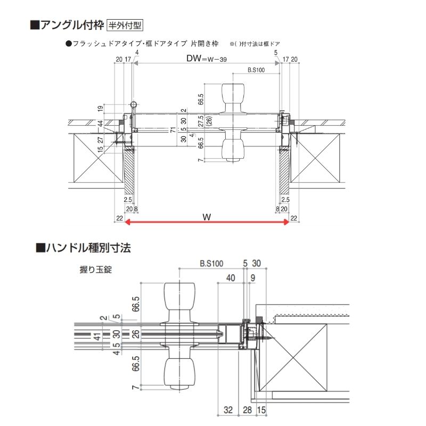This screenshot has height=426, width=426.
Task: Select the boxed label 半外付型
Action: pyautogui.click(x=125, y=24)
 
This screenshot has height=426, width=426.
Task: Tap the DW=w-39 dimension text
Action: pyautogui.click(x=207, y=60)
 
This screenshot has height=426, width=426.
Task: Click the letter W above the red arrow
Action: pyautogui.click(x=206, y=217)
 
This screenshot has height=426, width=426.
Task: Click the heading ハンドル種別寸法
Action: pyautogui.click(x=84, y=248)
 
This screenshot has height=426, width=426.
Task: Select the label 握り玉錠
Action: pyautogui.click(x=95, y=270)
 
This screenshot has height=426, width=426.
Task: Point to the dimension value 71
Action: pyautogui.click(x=174, y=129)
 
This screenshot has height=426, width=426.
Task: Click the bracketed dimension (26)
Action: pyautogui.click(x=209, y=121)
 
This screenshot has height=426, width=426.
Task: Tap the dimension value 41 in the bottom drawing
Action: pyautogui.click(x=96, y=337)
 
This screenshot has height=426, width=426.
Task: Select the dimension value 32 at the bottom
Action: pyautogui.click(x=228, y=409)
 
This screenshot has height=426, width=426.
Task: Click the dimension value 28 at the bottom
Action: pyautogui.click(x=247, y=409)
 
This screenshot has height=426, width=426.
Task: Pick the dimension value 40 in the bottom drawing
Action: pyautogui.click(x=231, y=277)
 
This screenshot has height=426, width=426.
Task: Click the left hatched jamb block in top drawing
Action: pyautogui.click(x=130, y=172)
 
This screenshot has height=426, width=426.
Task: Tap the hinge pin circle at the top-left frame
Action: pyautogui.click(x=133, y=104)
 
